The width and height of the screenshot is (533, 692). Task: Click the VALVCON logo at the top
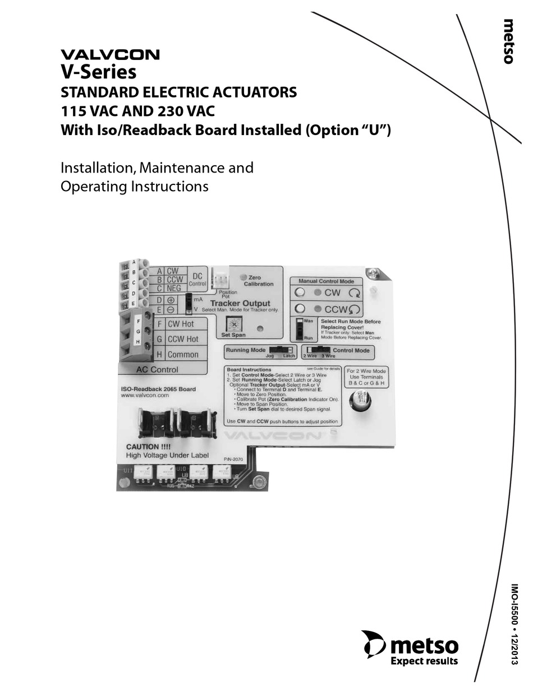tap(110, 55)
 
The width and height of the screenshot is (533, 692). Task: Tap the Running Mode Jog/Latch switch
tap(281, 350)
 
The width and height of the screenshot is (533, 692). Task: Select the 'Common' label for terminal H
tap(182, 354)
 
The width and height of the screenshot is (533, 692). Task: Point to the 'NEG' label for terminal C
tap(173, 289)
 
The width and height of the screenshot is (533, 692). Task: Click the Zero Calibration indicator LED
tap(242, 277)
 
